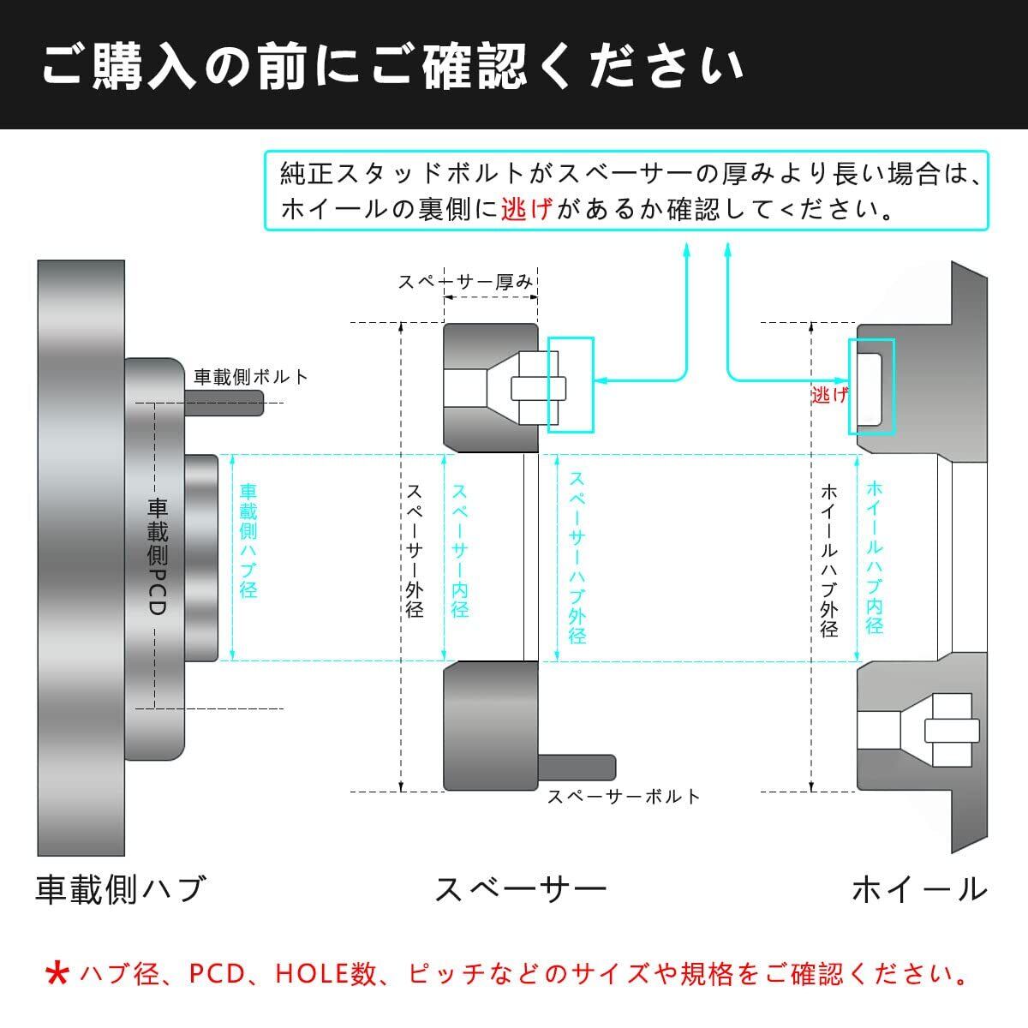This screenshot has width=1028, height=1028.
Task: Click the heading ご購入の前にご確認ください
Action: pyautogui.click(x=393, y=66)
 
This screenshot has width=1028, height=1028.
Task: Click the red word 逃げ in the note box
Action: pyautogui.click(x=527, y=208)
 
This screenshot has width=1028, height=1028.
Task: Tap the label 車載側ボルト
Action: pyautogui.click(x=251, y=377)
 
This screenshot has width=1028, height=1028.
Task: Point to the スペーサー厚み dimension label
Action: pyautogui.click(x=465, y=282)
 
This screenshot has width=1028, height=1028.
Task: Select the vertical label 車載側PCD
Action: pyautogui.click(x=158, y=557)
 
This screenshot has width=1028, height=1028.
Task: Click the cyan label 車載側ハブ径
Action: pyautogui.click(x=248, y=541)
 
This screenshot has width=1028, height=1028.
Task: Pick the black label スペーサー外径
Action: pyautogui.click(x=415, y=551)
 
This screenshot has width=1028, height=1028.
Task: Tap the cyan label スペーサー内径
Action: pyautogui.click(x=459, y=551)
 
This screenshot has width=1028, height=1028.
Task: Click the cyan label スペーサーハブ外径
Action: pyautogui.click(x=577, y=558)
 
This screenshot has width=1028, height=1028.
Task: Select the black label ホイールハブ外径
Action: pyautogui.click(x=829, y=560)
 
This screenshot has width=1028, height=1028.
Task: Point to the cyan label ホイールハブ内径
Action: pyautogui.click(x=875, y=557)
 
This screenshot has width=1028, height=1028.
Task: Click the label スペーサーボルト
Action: pyautogui.click(x=624, y=797)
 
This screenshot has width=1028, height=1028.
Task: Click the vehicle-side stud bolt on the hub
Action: pyautogui.click(x=224, y=403)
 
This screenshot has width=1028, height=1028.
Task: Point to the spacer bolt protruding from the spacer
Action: pyautogui.click(x=577, y=768)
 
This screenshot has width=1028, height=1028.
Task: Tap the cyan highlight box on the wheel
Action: pyautogui.click(x=872, y=386)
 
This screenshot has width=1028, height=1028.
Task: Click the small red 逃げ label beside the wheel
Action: pyautogui.click(x=829, y=395)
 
